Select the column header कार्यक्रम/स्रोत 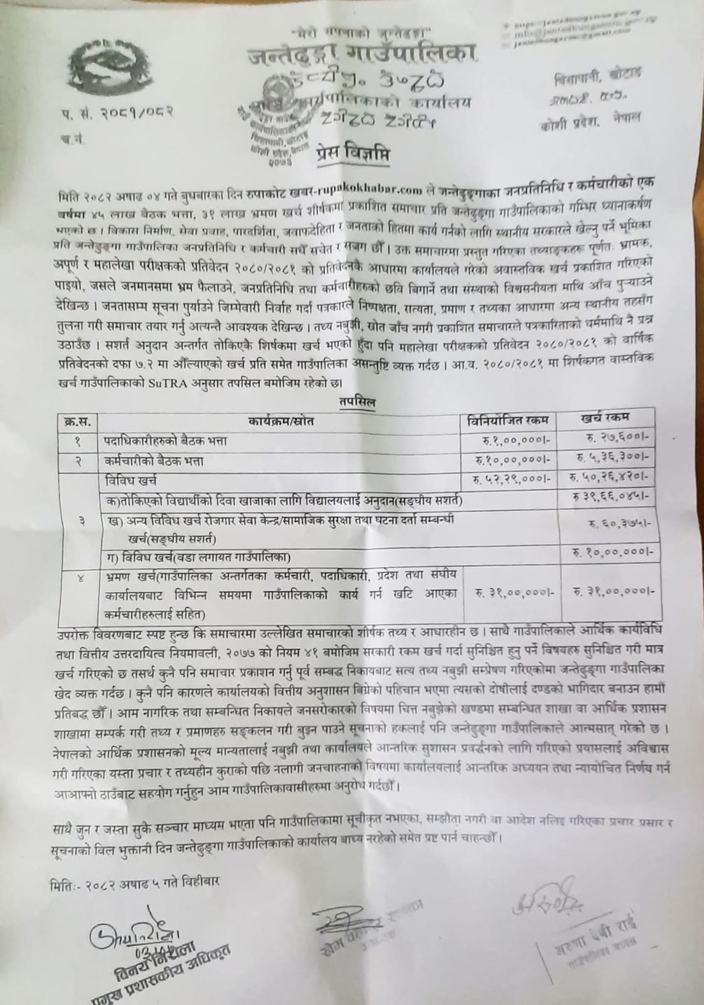[x=280, y=420]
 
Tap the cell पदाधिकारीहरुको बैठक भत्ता [x=166, y=441]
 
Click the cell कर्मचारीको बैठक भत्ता [x=154, y=461]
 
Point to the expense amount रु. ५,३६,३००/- [x=611, y=457]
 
